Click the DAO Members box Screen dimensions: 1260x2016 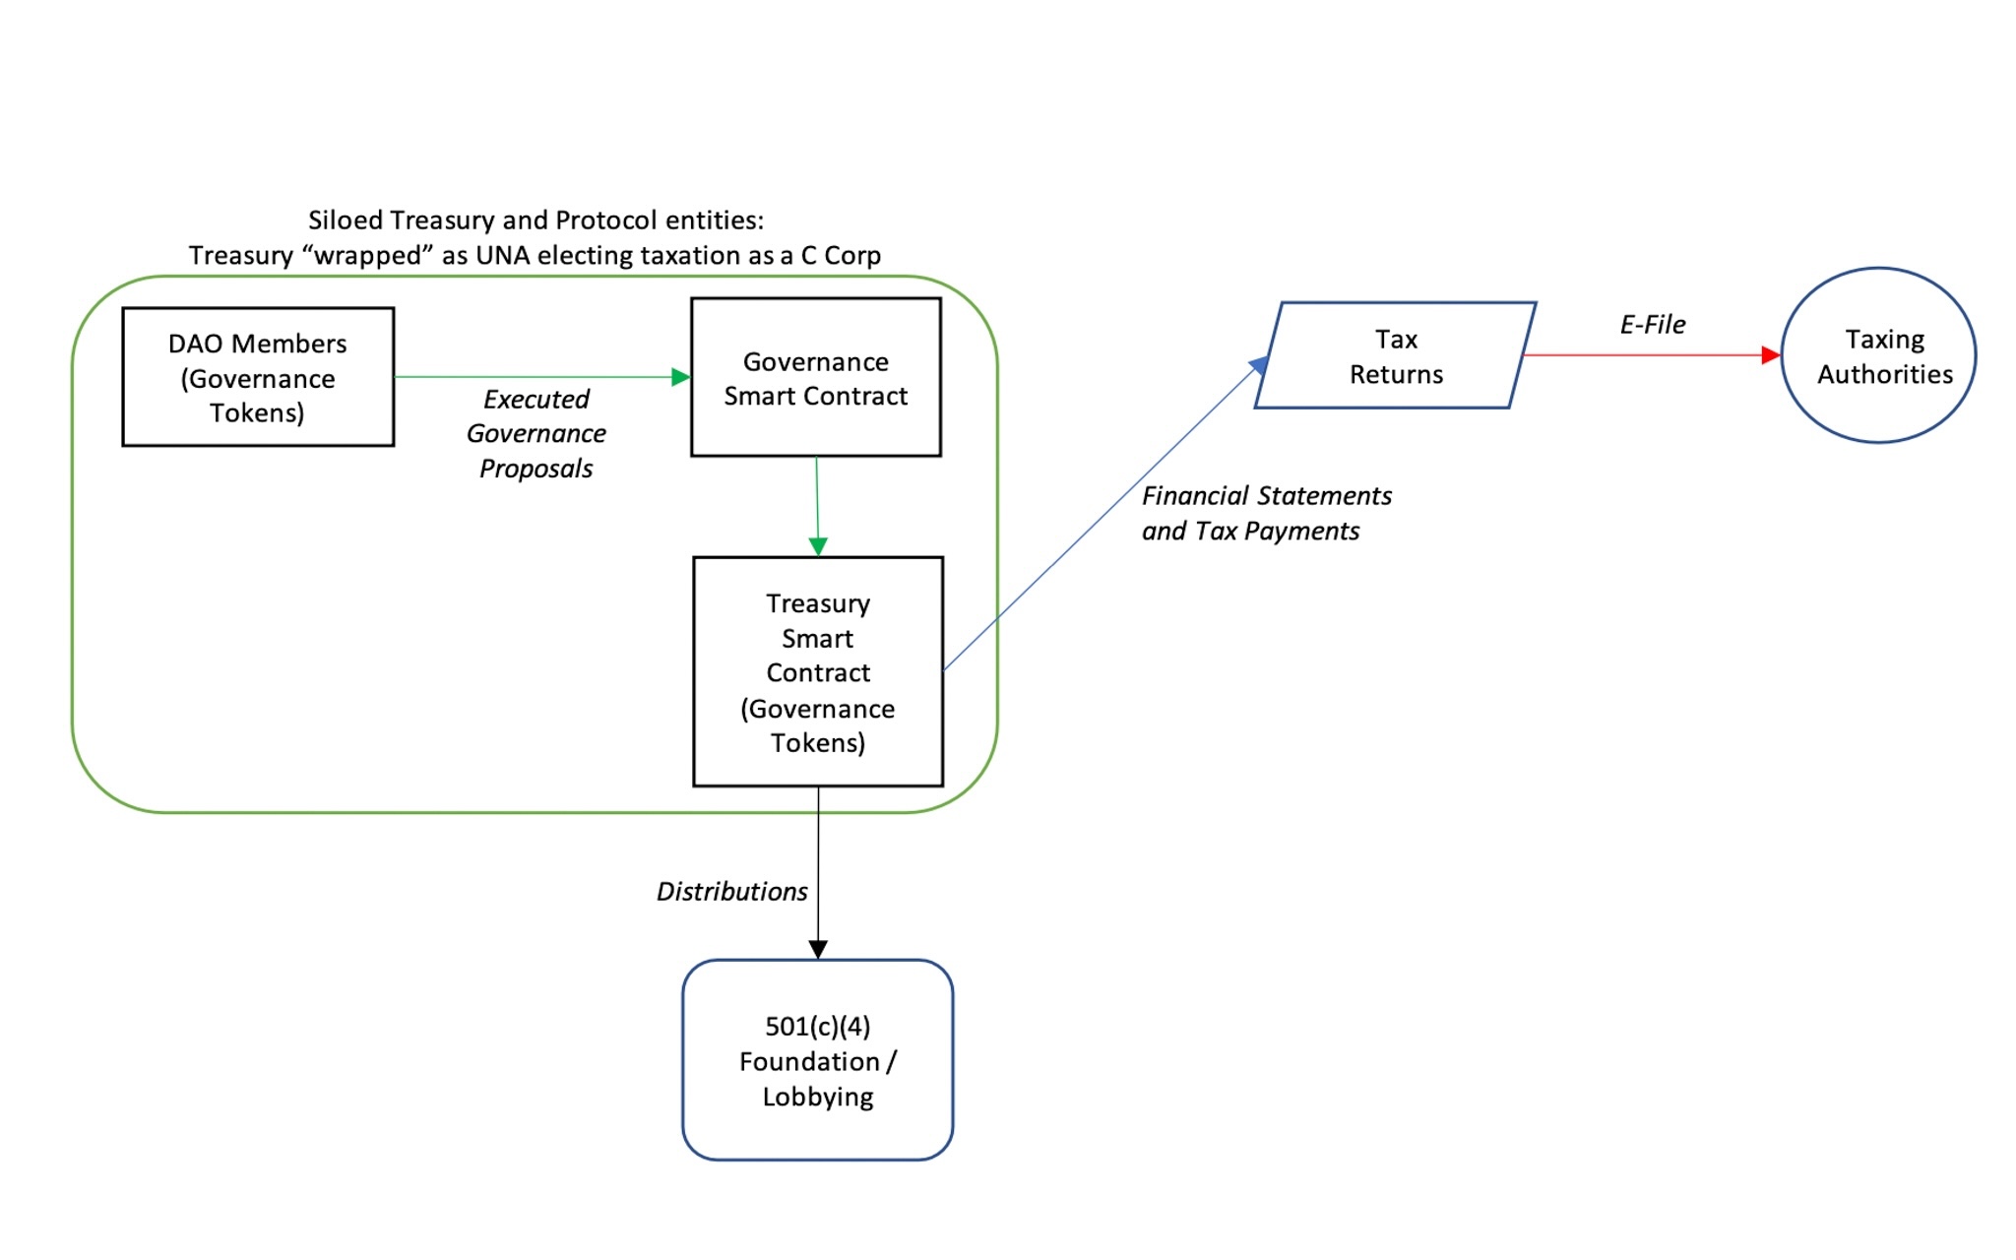[x=258, y=377]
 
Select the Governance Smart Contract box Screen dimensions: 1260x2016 [x=816, y=378]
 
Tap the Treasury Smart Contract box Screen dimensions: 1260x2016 [x=818, y=671]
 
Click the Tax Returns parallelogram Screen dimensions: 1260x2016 [x=1396, y=356]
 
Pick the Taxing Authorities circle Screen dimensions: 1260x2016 [x=1878, y=355]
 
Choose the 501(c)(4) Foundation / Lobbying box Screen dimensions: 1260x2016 [x=818, y=1060]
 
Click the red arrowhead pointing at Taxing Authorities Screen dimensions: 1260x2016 [x=1771, y=355]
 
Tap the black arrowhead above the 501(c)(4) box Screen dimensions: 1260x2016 [x=818, y=949]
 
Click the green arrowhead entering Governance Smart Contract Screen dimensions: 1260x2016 [x=680, y=377]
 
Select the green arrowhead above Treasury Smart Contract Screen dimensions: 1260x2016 [x=818, y=546]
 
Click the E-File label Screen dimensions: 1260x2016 [x=1653, y=325]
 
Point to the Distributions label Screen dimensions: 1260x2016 [x=731, y=892]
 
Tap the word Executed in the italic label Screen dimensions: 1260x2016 [x=536, y=400]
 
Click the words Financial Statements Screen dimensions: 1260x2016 [x=1267, y=496]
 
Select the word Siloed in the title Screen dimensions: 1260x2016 [x=345, y=220]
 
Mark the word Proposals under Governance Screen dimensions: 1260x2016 [x=536, y=469]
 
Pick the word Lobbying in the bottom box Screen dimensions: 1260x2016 [x=818, y=1097]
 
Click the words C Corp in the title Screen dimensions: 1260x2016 [x=841, y=256]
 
